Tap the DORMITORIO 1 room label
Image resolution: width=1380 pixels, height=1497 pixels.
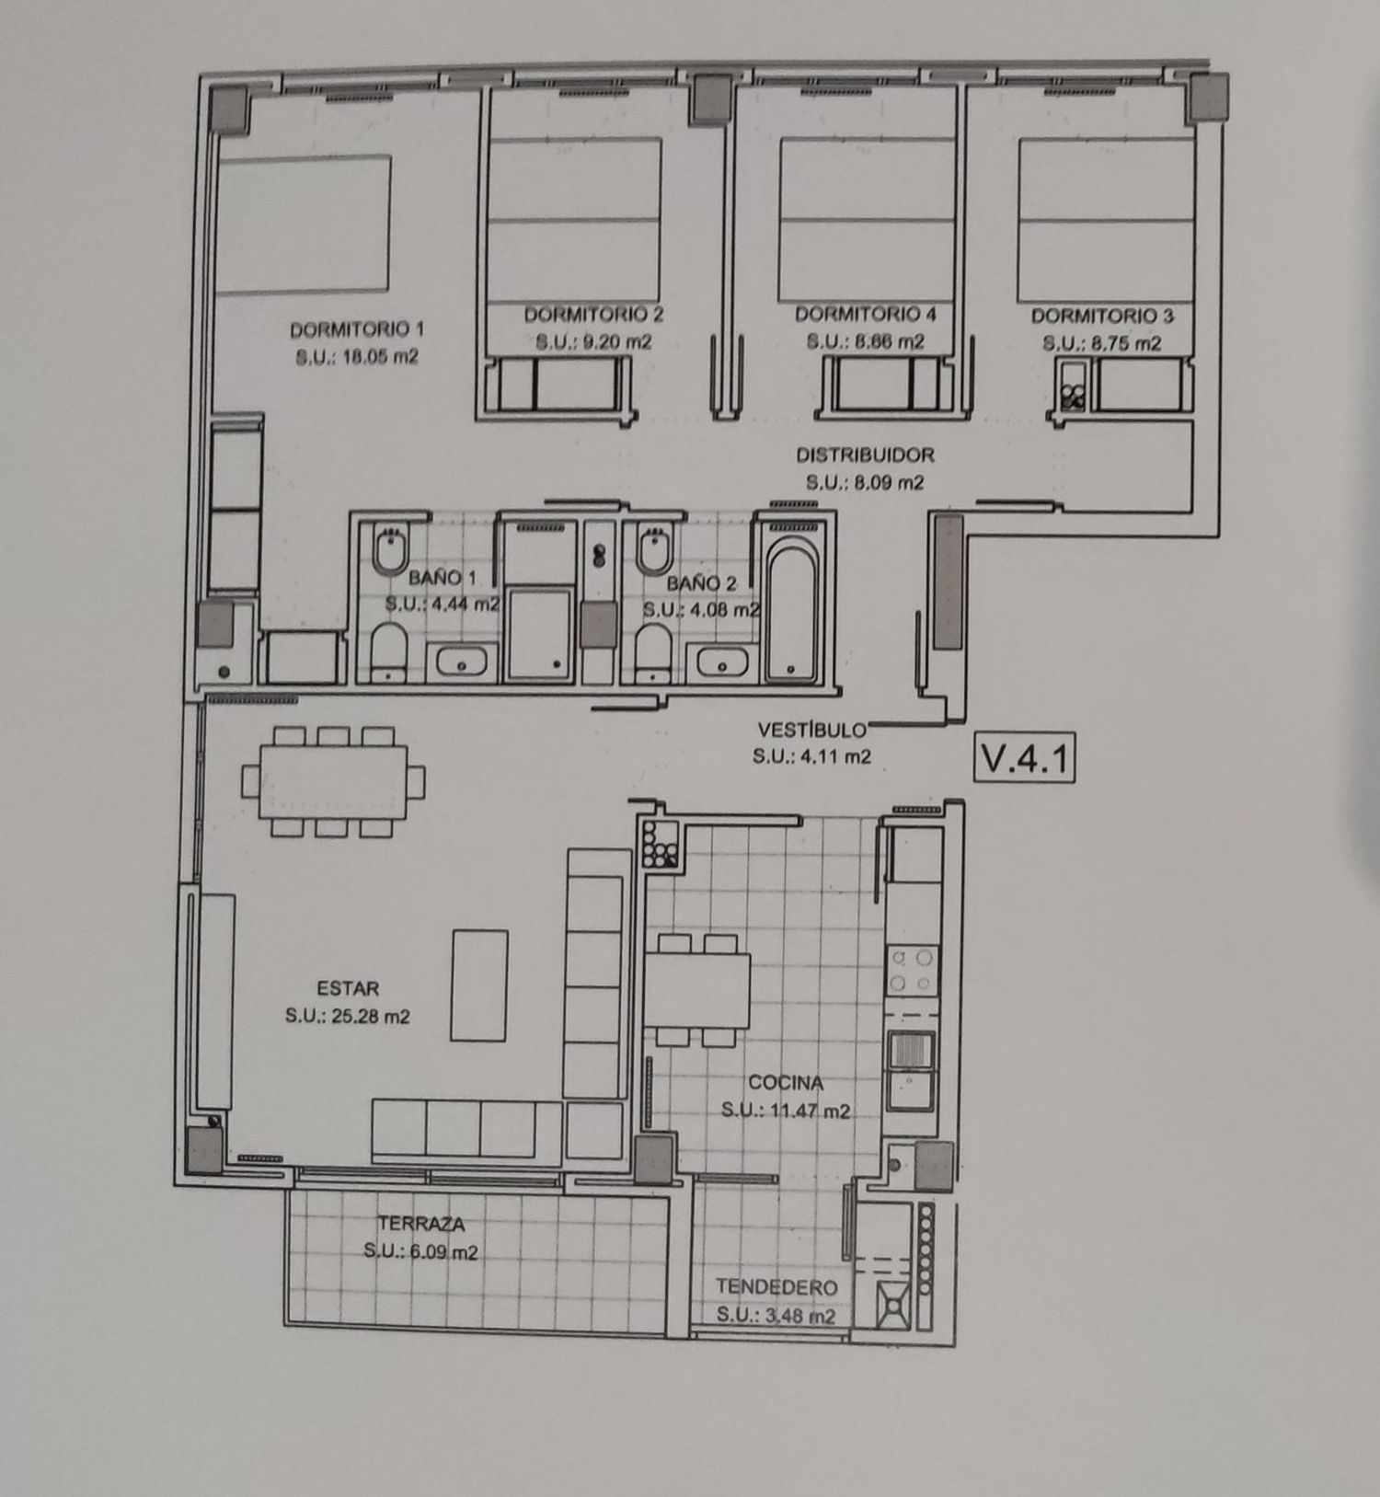[357, 328]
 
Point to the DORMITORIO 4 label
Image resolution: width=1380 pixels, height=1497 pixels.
[866, 315]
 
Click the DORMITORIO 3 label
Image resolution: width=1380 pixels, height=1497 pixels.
[1102, 317]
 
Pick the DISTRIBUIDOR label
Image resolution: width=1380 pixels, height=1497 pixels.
[865, 455]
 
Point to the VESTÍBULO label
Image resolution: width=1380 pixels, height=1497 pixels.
[811, 730]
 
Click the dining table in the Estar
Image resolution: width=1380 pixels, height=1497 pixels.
[334, 781]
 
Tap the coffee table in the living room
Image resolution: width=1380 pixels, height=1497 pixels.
[479, 985]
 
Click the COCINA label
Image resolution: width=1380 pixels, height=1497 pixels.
[786, 1083]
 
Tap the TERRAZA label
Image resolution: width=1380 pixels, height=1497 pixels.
[420, 1224]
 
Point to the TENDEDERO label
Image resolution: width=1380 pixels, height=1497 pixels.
[776, 1287]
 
